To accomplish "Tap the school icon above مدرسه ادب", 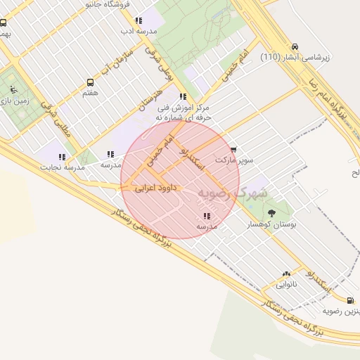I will [138, 20].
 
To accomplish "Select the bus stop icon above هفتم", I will [90, 82].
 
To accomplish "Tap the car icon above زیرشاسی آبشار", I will [294, 46].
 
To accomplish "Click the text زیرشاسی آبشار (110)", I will [293, 57].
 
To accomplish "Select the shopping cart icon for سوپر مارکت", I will [233, 149].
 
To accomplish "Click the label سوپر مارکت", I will [233, 160].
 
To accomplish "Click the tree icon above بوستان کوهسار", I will [271, 212].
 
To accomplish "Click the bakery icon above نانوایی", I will [286, 274].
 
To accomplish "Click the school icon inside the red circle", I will [206, 216].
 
